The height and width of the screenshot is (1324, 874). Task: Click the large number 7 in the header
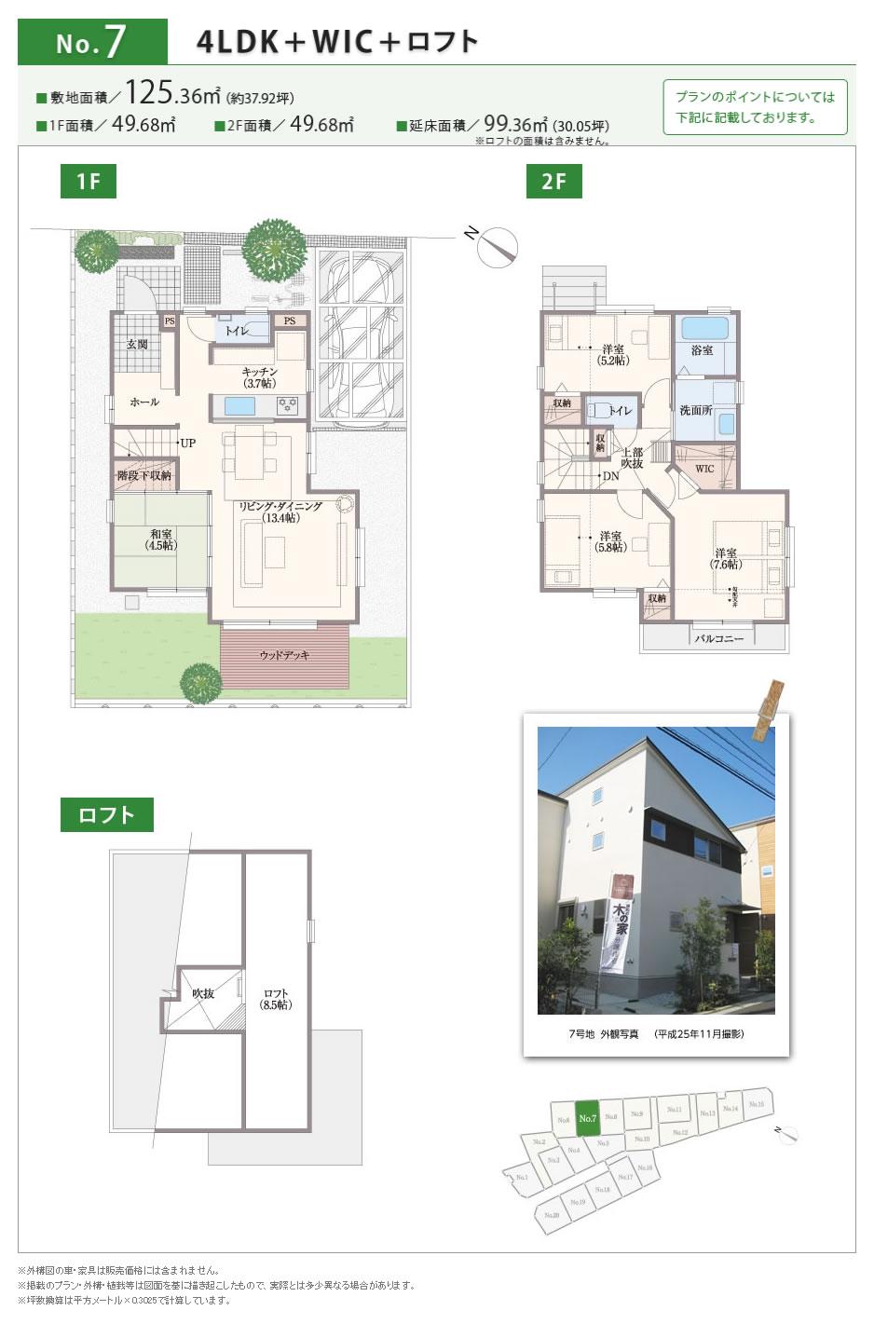pyautogui.click(x=116, y=43)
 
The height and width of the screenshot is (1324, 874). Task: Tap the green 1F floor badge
pyautogui.click(x=89, y=181)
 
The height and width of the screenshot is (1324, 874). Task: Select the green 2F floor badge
pyautogui.click(x=553, y=181)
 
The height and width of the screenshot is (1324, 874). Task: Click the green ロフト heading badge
pyautogui.click(x=106, y=815)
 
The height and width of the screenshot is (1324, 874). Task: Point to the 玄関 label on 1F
pyautogui.click(x=137, y=345)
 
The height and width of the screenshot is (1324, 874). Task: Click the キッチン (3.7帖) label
pyautogui.click(x=259, y=377)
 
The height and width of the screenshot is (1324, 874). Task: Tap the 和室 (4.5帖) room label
pyautogui.click(x=160, y=539)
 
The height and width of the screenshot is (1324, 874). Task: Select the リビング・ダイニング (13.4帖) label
pyautogui.click(x=280, y=512)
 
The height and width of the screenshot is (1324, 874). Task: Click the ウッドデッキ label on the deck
pyautogui.click(x=284, y=655)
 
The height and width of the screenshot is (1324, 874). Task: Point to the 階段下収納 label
pyautogui.click(x=144, y=475)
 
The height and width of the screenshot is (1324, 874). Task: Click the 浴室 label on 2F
pyautogui.click(x=702, y=350)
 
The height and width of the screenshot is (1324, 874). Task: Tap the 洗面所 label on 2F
pyautogui.click(x=695, y=410)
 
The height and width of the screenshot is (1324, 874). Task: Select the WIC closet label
pyautogui.click(x=704, y=469)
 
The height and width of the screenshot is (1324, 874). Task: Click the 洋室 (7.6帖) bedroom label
pyautogui.click(x=726, y=558)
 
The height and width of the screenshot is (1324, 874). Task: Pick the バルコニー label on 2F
pyautogui.click(x=719, y=639)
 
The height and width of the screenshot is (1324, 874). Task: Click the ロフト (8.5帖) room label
pyautogui.click(x=276, y=999)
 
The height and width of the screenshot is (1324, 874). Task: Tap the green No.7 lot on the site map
pyautogui.click(x=587, y=1118)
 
